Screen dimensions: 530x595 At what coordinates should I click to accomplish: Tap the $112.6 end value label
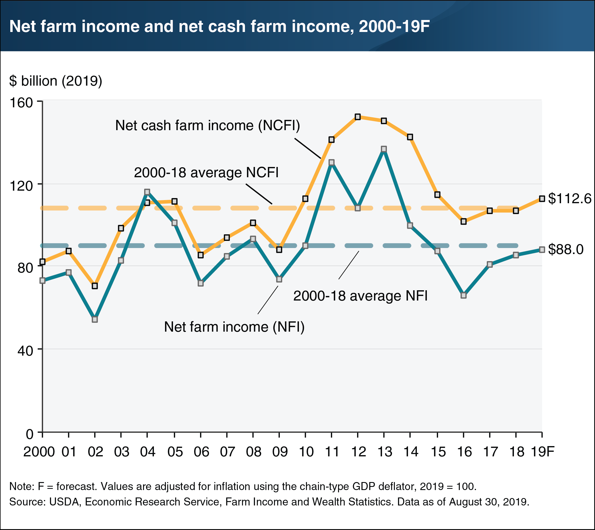pos(569,199)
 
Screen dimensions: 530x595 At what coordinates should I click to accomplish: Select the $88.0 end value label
pos(566,249)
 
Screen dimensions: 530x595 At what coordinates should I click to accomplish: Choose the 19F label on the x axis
pos(542,452)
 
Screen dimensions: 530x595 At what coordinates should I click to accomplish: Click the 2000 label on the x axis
pos(39,452)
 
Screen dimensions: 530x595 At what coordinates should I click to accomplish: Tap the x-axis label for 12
pos(358,452)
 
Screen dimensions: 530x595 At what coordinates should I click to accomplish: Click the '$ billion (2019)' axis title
pos(56,81)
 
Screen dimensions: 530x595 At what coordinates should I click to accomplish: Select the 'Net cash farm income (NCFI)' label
pos(207,126)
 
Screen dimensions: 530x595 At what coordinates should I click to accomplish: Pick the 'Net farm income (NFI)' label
pos(234,327)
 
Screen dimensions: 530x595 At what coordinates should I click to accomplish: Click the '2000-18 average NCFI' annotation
pos(206,173)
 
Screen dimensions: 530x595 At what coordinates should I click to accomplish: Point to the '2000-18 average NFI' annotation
pos(360,296)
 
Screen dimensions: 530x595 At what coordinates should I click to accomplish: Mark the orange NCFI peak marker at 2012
pos(358,117)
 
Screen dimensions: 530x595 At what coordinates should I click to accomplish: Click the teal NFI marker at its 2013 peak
pos(384,149)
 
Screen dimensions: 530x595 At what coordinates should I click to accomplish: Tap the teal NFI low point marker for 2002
pos(95,319)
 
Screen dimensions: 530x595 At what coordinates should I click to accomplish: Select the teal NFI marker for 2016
pos(464,295)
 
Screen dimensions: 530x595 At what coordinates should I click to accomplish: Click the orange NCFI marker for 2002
pos(95,286)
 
